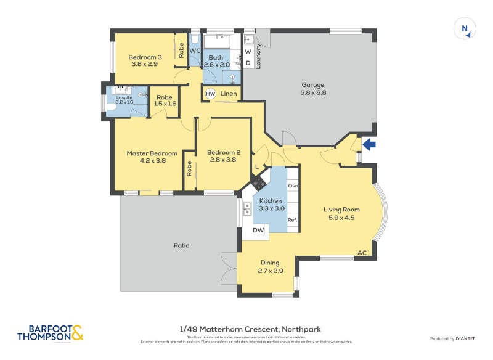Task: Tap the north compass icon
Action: coord(465,29)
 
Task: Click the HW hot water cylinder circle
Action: coord(210,94)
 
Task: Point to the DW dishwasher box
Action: coord(259,231)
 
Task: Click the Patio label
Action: coord(181,245)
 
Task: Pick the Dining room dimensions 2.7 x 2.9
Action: coord(270,270)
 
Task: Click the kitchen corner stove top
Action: coord(258,182)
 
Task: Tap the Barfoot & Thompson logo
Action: coord(50,333)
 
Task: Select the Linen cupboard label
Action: coord(229,94)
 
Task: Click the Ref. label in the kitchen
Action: coord(292,220)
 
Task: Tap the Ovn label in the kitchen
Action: coord(293,186)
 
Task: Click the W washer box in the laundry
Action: coord(248,52)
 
